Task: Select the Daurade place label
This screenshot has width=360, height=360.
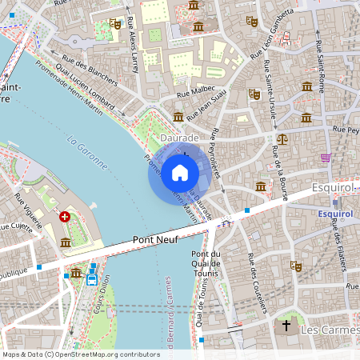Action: click(179, 138)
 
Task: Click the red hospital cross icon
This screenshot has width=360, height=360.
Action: click(65, 216)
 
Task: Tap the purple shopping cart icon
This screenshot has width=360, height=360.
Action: click(326, 158)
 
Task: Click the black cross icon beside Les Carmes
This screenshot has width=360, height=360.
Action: click(286, 326)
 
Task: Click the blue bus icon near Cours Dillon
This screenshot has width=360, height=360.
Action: click(92, 280)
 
